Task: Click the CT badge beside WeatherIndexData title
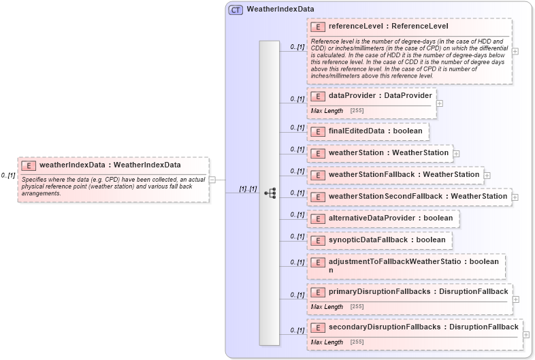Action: (236, 10)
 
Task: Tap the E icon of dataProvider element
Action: (317, 96)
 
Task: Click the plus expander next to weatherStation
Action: (456, 153)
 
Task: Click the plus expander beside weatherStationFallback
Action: (487, 175)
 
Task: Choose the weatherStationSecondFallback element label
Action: (418, 196)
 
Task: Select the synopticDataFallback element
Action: (378, 240)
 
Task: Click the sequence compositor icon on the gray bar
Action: (270, 193)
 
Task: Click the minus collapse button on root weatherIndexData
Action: (212, 180)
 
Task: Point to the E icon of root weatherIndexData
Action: (29, 165)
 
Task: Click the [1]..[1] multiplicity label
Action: (247, 189)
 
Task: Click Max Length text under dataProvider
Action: (327, 110)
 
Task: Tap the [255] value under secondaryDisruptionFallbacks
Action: (357, 342)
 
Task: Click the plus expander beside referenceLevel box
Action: (515, 51)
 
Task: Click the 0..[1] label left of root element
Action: (8, 175)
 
